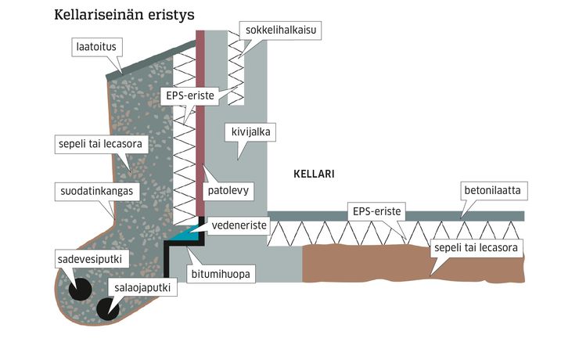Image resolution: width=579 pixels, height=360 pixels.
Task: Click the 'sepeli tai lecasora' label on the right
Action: [476, 248]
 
